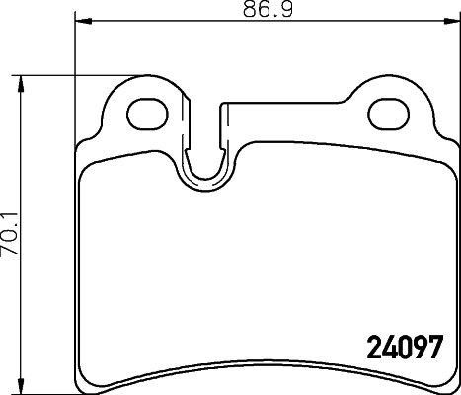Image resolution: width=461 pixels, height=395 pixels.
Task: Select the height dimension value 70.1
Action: click(x=10, y=234)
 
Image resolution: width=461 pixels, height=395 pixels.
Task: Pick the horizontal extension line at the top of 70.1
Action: click(x=59, y=74)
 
